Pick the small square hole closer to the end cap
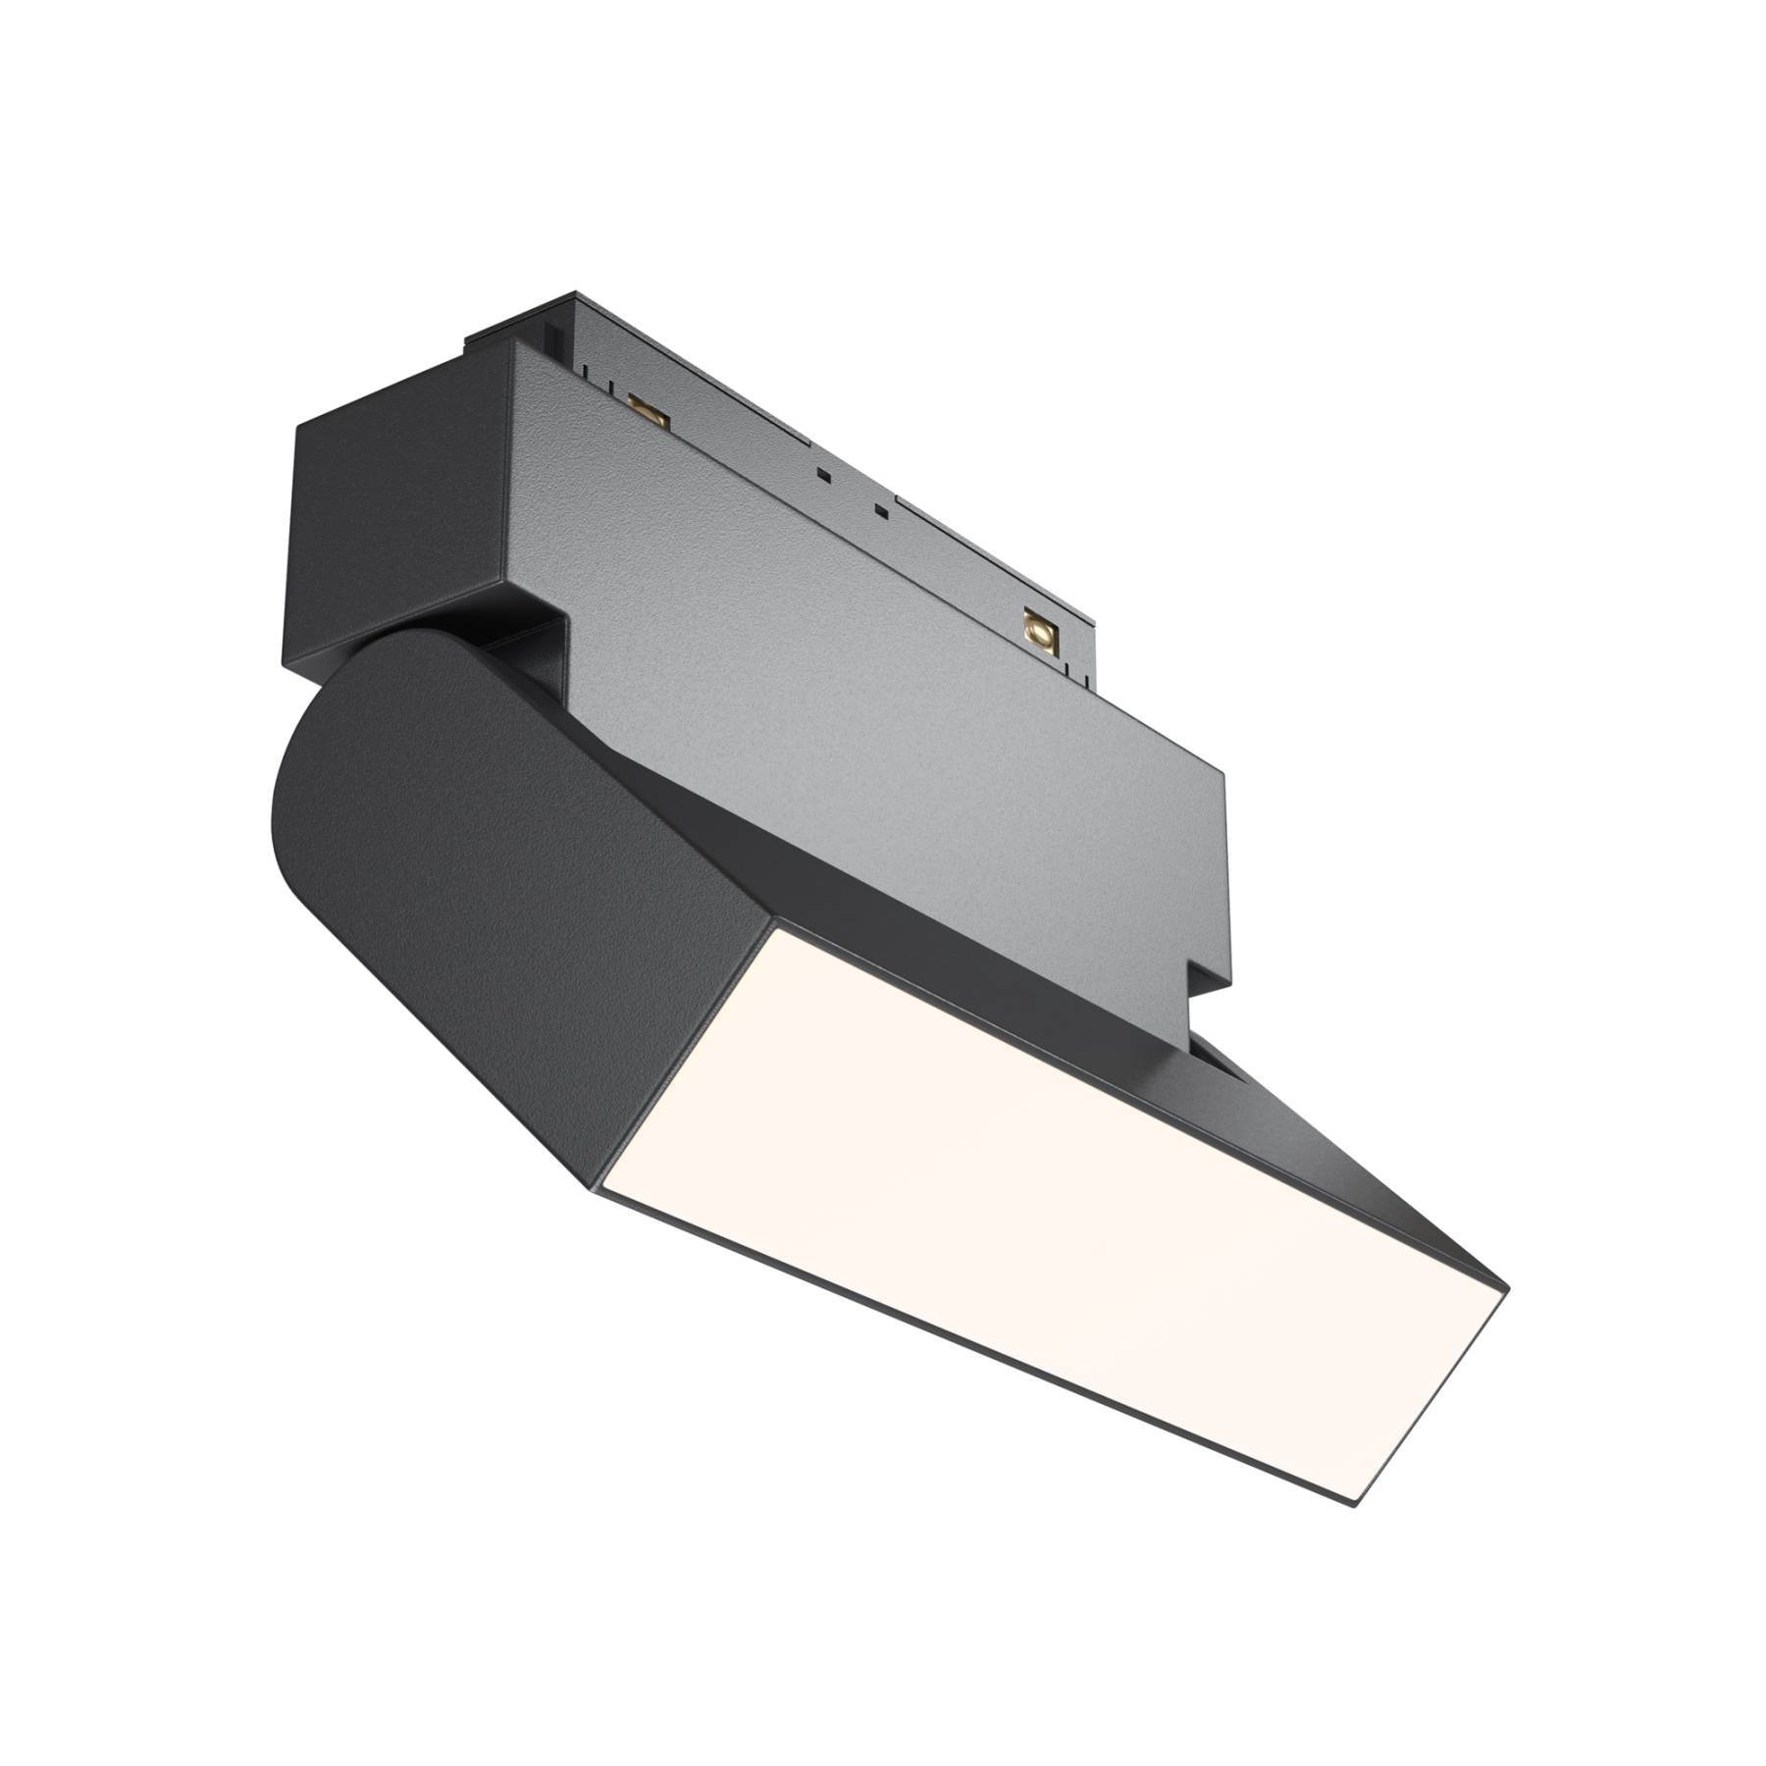point(823,475)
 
